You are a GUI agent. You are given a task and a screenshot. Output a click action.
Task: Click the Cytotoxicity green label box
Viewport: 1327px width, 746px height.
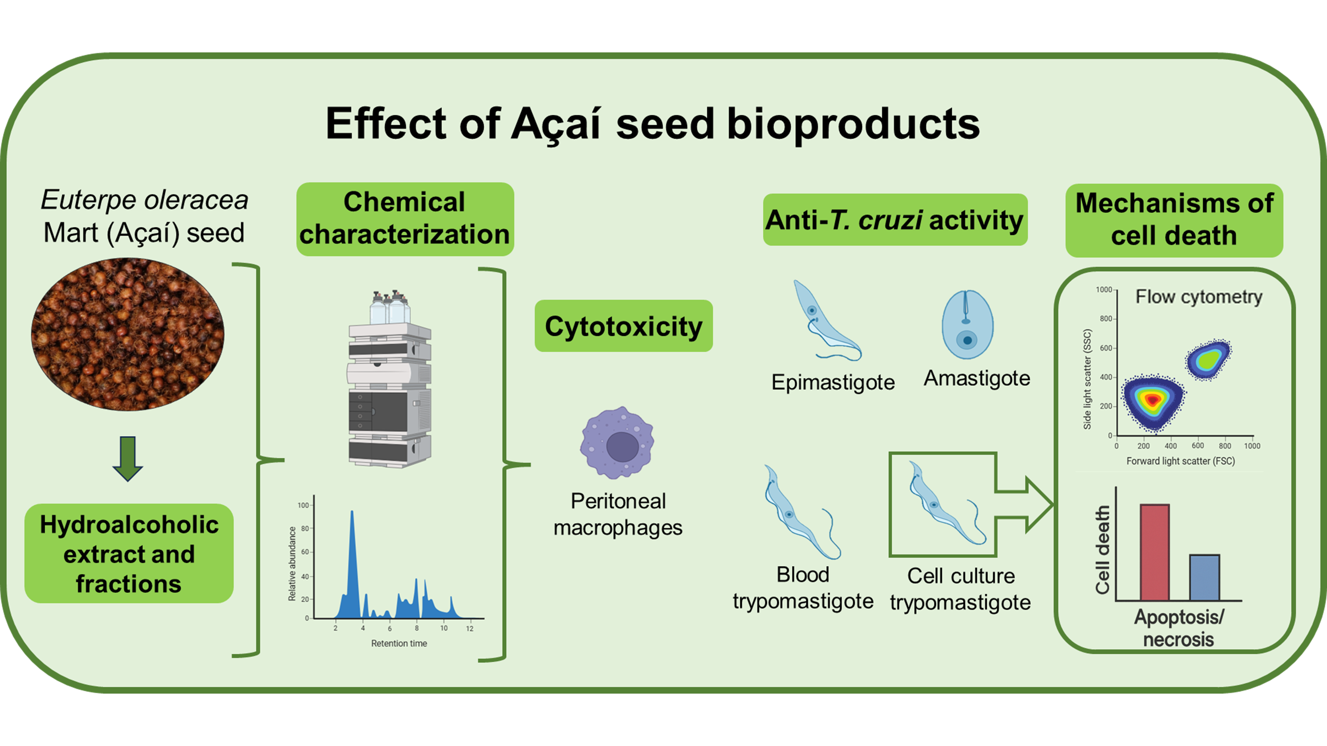pyautogui.click(x=623, y=326)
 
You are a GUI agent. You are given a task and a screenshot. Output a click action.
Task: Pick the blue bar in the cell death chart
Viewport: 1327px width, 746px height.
pyautogui.click(x=1204, y=577)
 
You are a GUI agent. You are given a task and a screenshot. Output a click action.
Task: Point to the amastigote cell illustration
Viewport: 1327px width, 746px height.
pyautogui.click(x=967, y=324)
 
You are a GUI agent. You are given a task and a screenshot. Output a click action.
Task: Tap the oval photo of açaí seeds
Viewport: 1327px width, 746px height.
pyautogui.click(x=128, y=334)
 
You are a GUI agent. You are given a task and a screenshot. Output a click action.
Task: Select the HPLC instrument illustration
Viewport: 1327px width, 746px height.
pyautogui.click(x=390, y=381)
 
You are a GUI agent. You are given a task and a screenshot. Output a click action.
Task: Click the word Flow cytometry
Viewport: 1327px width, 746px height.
pyautogui.click(x=1199, y=297)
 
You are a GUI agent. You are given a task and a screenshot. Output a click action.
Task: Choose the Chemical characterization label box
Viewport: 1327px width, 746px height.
pyautogui.click(x=405, y=219)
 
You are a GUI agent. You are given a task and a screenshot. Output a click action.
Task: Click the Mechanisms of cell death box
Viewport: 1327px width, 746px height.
pyautogui.click(x=1174, y=220)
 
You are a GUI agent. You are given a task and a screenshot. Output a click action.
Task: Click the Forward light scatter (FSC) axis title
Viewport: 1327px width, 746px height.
pyautogui.click(x=1180, y=461)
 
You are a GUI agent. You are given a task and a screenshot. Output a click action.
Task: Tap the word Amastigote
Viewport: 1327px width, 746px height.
pyautogui.click(x=977, y=378)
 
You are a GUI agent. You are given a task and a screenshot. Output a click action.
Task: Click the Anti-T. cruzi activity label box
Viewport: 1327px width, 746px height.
pyautogui.click(x=895, y=220)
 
